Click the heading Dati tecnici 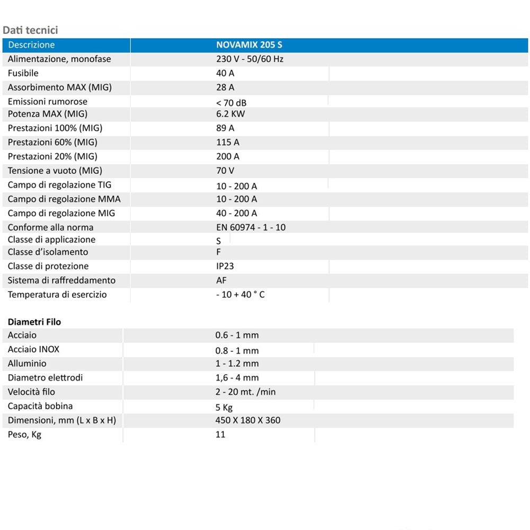pos(30,30)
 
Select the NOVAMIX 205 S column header pos(249,45)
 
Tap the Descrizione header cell pos(31,45)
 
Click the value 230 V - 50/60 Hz pos(249,59)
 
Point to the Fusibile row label pos(23,73)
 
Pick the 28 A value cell pos(225,87)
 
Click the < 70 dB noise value pos(232,102)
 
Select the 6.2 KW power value pos(230,114)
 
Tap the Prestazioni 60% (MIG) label pos(52,142)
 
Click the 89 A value pos(225,128)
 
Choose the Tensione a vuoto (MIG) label pos(55,171)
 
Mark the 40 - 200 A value pos(236,213)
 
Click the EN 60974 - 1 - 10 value pos(251,227)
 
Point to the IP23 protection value pos(225,266)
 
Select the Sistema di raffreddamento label pos(61,280)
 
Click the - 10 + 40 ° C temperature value pos(240,295)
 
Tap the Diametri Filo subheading pos(34,322)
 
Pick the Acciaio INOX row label pos(33,349)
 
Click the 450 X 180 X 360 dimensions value pos(248,420)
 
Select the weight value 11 pos(220,435)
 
